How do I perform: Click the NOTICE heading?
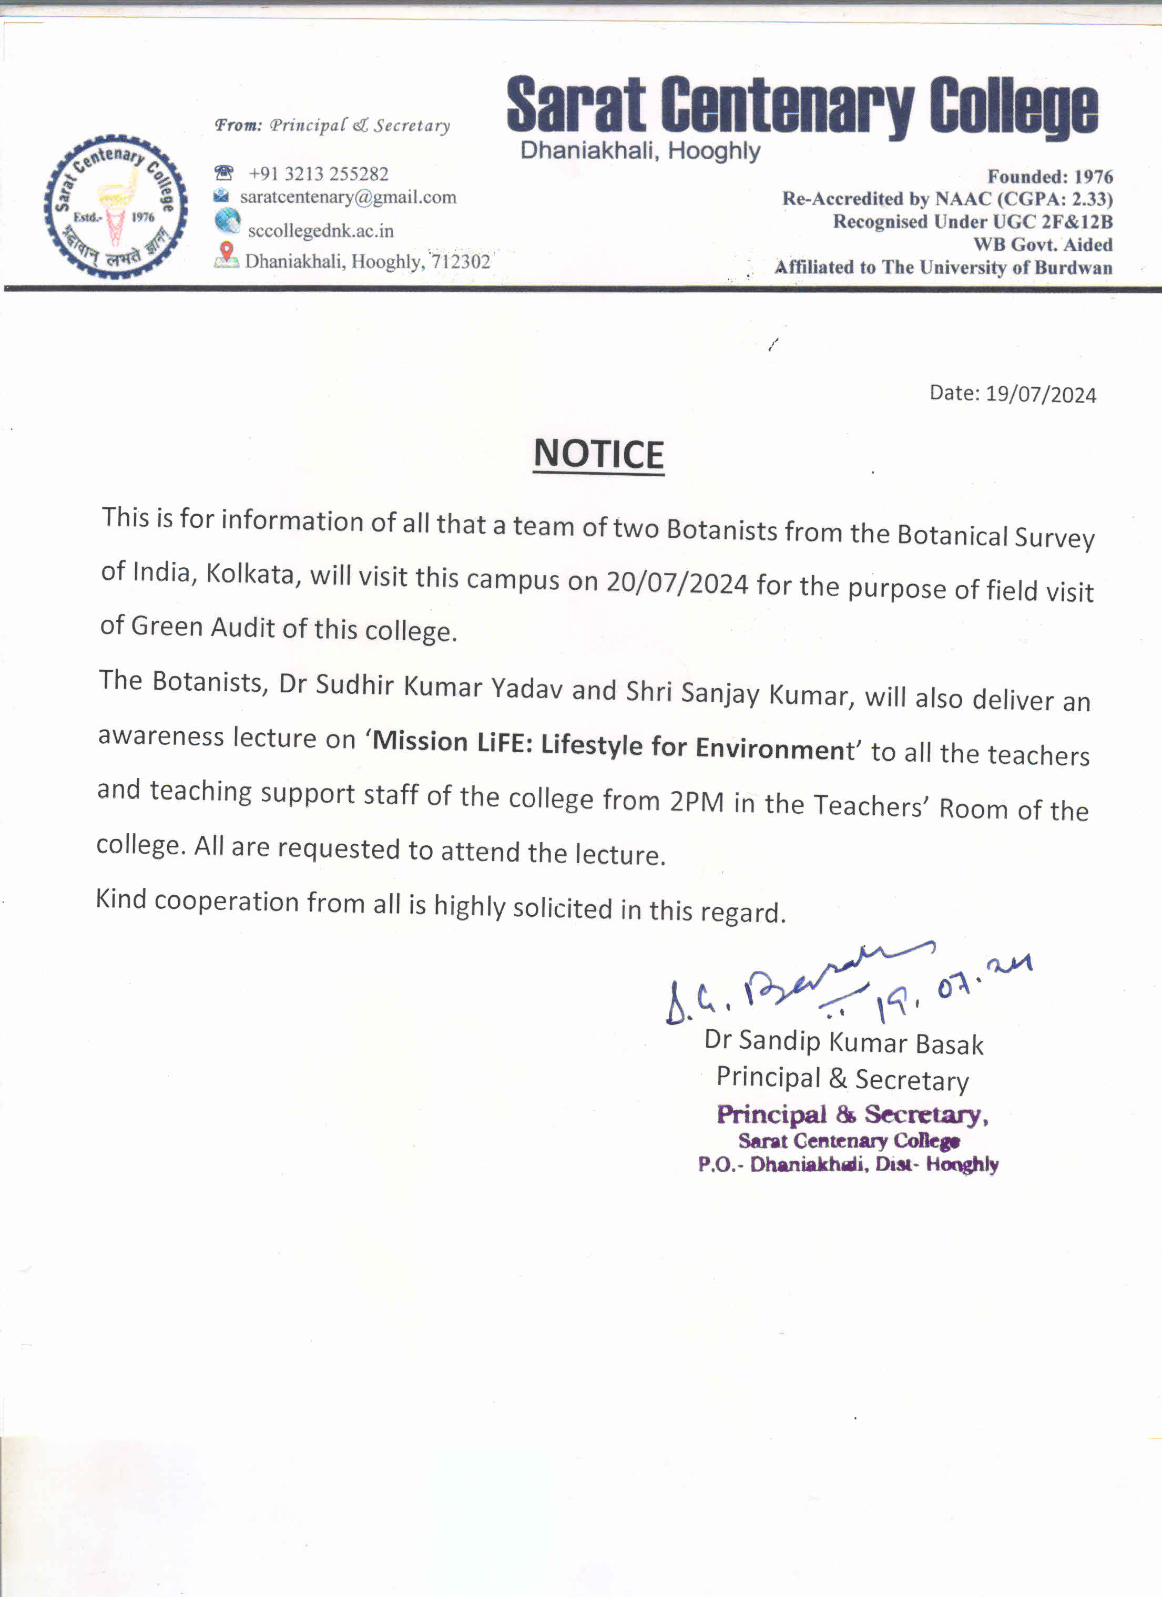coord(598,454)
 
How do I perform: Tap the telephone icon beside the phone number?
coord(223,172)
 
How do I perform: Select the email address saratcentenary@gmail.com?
coord(348,197)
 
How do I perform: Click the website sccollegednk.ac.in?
coord(320,231)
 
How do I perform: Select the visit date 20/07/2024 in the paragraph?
coord(677,583)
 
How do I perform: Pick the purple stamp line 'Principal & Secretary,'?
coord(852,1114)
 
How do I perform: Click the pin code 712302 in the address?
coord(461,262)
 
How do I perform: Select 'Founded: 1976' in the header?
coord(1049,177)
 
